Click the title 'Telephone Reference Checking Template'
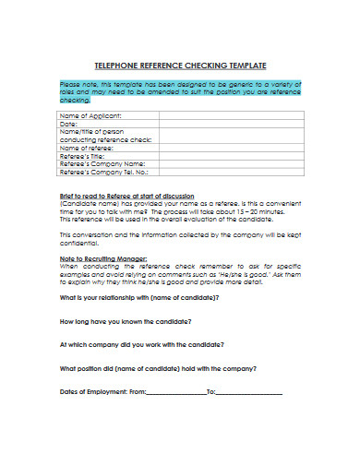[x=181, y=66]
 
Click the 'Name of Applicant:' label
[x=91, y=115]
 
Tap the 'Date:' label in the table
[x=71, y=124]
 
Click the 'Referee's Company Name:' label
[x=102, y=164]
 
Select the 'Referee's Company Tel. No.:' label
[x=104, y=173]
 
